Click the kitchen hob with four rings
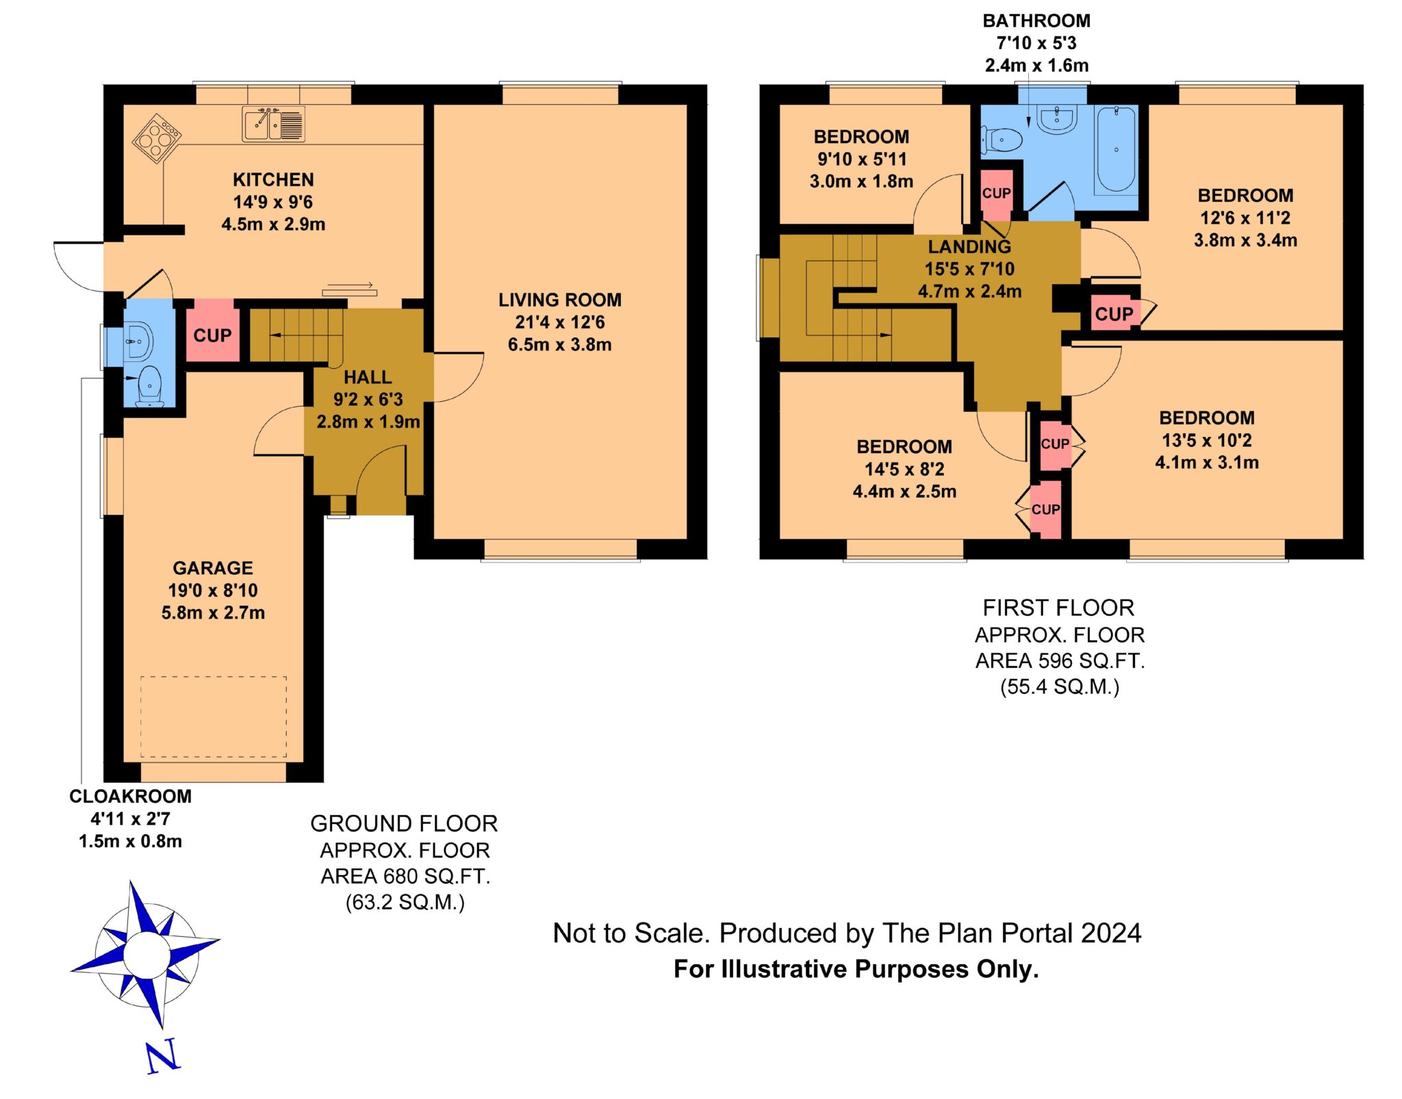point(157,138)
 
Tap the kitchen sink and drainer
point(274,125)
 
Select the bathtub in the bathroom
point(1116,150)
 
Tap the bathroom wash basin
point(1058,119)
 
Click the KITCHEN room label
point(273,179)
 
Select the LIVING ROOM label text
point(560,300)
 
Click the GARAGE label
point(213,568)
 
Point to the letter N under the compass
point(163,1055)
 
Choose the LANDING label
point(969,246)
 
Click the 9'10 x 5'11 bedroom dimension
point(862,159)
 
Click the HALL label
point(368,377)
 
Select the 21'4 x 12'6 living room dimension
point(560,322)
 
